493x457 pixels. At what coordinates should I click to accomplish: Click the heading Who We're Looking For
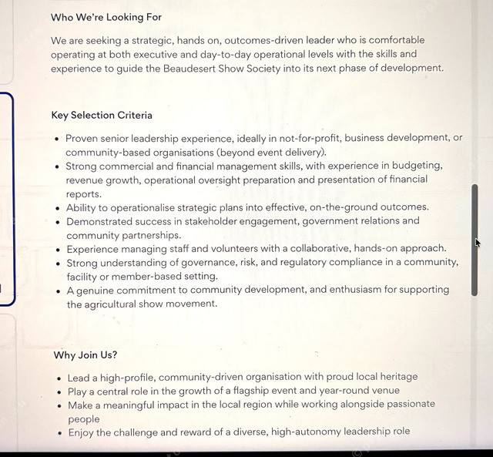click(x=106, y=17)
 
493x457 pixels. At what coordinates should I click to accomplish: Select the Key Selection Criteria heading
click(x=102, y=116)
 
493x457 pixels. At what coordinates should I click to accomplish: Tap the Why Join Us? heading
click(x=86, y=355)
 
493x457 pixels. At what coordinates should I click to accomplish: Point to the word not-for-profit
click(x=307, y=138)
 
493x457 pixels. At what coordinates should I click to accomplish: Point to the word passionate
click(x=406, y=405)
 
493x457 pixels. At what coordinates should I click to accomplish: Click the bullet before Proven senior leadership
click(x=57, y=139)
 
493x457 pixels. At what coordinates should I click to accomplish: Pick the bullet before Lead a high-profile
click(x=59, y=378)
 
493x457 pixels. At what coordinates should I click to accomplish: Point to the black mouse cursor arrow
click(x=478, y=243)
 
